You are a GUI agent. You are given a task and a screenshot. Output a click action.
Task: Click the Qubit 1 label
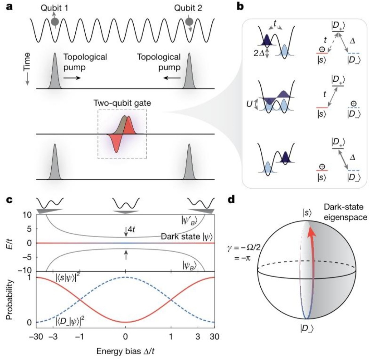pos(54,8)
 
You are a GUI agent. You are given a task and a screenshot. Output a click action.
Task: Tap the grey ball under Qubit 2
pos(189,22)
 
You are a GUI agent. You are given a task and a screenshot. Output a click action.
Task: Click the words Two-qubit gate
pos(122,103)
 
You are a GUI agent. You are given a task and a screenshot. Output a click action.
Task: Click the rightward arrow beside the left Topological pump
pos(72,78)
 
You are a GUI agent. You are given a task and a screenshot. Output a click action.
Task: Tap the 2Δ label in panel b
pos(259,53)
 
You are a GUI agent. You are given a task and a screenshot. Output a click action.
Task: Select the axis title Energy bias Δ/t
pos(125,351)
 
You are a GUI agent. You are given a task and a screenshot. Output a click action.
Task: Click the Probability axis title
pos(9,300)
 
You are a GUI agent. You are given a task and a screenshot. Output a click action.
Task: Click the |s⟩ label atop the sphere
pos(307,213)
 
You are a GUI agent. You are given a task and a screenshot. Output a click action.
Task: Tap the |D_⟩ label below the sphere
pos(307,329)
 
